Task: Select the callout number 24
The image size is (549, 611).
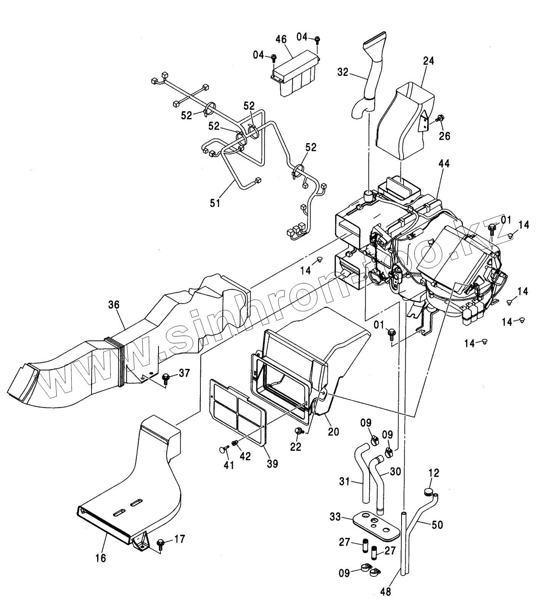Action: coord(428,61)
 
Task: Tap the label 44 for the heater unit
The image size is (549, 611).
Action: coord(444,164)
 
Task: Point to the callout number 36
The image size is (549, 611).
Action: coord(114,305)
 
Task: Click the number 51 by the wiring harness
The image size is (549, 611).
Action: coord(215,203)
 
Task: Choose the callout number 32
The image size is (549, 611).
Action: coord(343,72)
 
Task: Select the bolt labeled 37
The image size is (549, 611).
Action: coord(166,378)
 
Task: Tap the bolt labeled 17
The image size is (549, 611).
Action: coord(160,542)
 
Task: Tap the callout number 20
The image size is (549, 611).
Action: coord(333,432)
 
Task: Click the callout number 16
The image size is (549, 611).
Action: coord(101,558)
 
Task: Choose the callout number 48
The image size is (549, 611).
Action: coord(386,592)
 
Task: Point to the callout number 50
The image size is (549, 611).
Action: coord(437,525)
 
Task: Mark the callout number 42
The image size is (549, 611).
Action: coord(245,456)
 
